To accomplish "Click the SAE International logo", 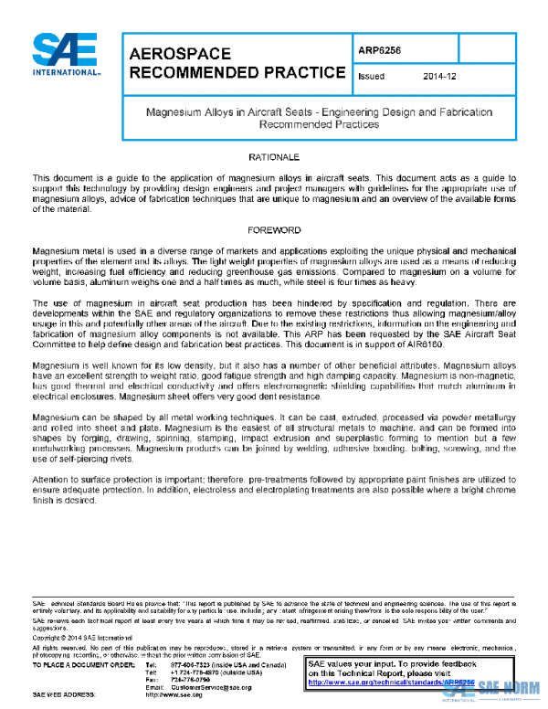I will click(65, 55).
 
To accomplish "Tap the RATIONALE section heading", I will click(273, 158).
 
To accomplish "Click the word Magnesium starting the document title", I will click(173, 111).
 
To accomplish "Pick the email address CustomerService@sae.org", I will click(210, 686).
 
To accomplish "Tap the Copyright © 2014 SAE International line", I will click(83, 636).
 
